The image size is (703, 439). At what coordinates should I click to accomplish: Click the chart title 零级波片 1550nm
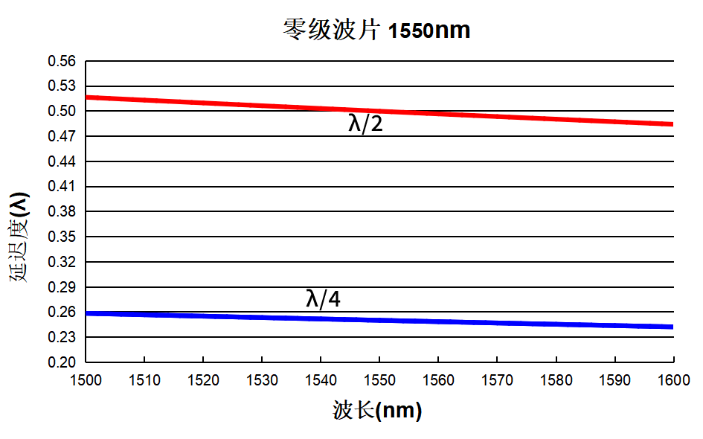(376, 31)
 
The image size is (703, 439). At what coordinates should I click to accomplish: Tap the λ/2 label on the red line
(365, 124)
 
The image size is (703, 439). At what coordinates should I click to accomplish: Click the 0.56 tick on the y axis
(62, 61)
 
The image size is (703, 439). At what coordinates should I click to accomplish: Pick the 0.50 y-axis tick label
(62, 111)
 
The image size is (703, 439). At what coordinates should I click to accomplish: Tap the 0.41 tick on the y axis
(62, 186)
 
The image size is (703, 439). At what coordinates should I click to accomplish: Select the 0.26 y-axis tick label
(62, 312)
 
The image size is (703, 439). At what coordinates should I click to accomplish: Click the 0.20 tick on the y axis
(62, 362)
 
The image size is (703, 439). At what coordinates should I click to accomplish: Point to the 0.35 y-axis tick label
(62, 237)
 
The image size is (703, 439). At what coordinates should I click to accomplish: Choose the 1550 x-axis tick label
(379, 380)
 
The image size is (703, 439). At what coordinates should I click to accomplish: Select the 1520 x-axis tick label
(203, 380)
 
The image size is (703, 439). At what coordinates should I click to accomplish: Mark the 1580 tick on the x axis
(556, 380)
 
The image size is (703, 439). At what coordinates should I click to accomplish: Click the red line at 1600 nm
(672, 124)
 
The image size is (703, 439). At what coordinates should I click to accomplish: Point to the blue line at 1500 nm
(87, 313)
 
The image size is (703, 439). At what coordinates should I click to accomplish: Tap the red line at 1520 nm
(203, 103)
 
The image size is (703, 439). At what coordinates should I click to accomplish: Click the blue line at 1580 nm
(556, 324)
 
